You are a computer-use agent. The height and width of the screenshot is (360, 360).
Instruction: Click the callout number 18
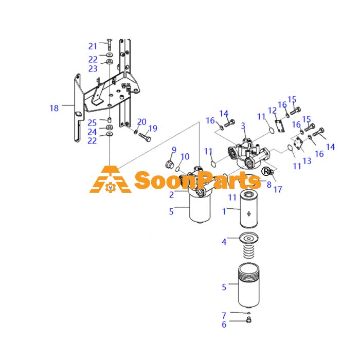(54, 108)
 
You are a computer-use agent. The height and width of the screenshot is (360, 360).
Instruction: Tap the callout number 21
(93, 46)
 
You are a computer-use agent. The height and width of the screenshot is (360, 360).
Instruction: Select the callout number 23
(93, 68)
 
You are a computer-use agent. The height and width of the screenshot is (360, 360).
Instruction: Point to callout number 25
(92, 123)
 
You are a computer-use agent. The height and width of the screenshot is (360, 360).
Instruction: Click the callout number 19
(153, 129)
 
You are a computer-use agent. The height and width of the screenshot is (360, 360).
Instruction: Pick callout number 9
(174, 150)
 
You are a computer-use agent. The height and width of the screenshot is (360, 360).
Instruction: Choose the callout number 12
(272, 111)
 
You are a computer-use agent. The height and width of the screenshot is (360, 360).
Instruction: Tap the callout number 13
(307, 161)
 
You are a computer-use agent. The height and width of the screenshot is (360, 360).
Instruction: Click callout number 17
(278, 189)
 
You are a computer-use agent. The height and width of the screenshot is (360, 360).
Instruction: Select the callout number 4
(224, 242)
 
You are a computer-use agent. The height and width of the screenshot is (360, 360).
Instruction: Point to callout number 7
(224, 316)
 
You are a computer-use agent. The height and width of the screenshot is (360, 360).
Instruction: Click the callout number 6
(224, 325)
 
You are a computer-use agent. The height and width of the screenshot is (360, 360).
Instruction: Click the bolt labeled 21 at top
(110, 45)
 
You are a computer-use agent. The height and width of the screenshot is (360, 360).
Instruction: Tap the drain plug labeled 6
(248, 319)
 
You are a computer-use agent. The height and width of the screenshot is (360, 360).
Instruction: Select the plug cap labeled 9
(169, 164)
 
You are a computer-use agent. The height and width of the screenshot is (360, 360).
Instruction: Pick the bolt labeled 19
(145, 137)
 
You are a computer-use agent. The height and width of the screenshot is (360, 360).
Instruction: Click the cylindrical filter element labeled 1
(248, 210)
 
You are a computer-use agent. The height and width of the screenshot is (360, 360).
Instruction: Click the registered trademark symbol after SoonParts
(266, 171)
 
